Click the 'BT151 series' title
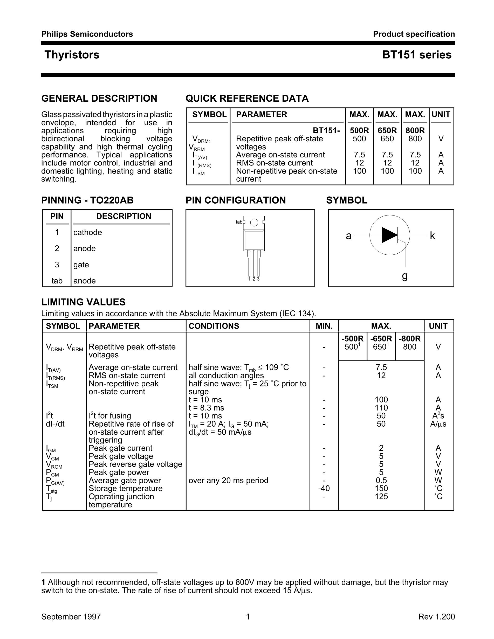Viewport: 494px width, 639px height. tap(416, 55)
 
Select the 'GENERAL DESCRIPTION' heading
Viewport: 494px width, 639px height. tap(99, 98)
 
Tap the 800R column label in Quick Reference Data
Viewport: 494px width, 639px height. tap(415, 130)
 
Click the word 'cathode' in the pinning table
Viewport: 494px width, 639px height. tap(87, 232)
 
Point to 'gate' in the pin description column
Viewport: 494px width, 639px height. tap(81, 265)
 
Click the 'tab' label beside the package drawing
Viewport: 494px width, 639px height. tap(239, 222)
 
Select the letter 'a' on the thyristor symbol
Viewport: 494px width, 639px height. tap(348, 235)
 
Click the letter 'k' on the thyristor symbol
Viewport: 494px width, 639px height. tap(432, 235)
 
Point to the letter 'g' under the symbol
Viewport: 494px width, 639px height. tap(405, 276)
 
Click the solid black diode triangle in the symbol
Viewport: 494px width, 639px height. tap(389, 235)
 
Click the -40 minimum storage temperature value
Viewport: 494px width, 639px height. tap(324, 488)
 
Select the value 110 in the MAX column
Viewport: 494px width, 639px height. tap(381, 408)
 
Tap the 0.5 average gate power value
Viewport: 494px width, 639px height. tap(381, 481)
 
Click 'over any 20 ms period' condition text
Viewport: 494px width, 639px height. tap(228, 481)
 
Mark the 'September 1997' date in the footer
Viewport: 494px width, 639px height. tap(71, 617)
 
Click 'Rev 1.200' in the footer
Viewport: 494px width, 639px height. tap(436, 617)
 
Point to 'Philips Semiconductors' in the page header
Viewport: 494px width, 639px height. tap(87, 34)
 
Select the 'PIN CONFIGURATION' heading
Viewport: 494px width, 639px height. tap(236, 200)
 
